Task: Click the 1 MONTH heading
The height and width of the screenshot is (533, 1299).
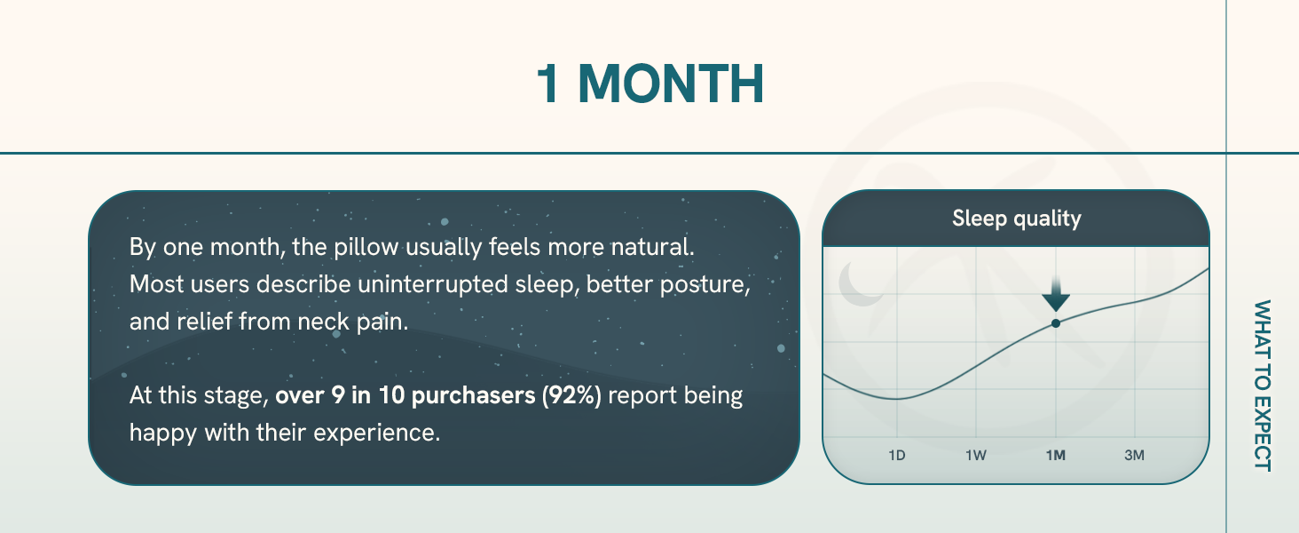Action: [649, 84]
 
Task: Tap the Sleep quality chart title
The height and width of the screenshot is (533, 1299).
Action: [1017, 219]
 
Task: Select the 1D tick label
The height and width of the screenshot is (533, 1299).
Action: [896, 455]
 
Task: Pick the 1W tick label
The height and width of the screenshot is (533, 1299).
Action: [975, 455]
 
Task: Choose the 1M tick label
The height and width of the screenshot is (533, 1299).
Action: [1056, 455]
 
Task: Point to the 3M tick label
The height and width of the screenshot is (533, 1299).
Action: [1134, 455]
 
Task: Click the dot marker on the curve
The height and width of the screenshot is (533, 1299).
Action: [1056, 322]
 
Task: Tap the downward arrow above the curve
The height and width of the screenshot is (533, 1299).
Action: [1056, 295]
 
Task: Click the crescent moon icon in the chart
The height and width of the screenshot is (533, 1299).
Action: [860, 284]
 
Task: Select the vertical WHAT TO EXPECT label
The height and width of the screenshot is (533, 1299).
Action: [1262, 386]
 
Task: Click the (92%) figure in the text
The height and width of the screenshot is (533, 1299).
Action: [571, 395]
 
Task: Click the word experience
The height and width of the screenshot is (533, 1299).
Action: [377, 434]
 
